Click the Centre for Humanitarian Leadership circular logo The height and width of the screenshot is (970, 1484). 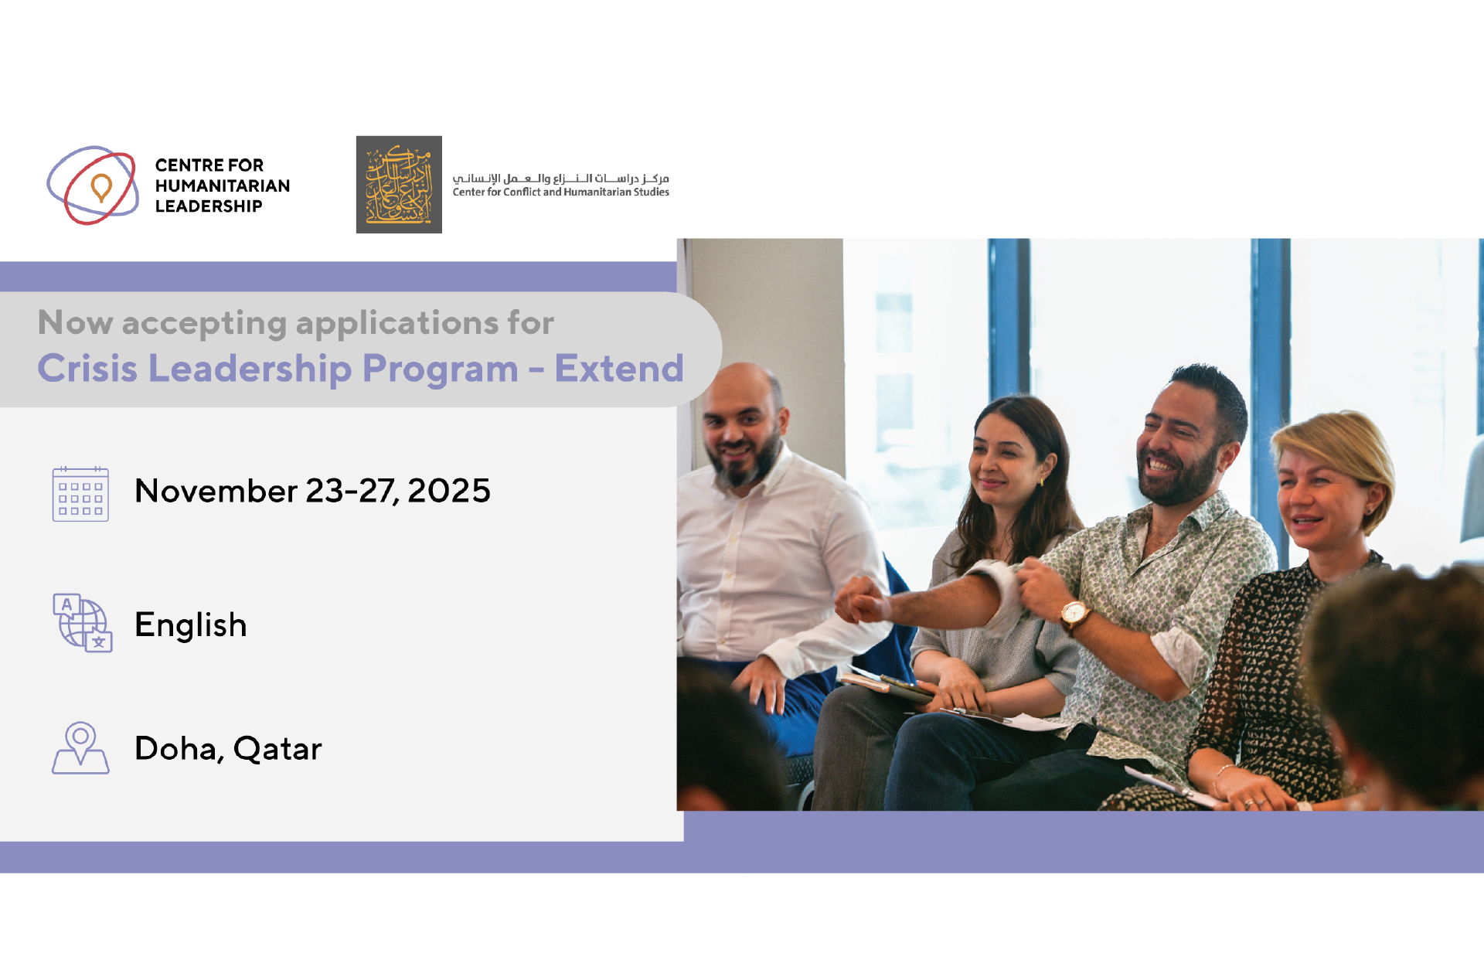coord(93,185)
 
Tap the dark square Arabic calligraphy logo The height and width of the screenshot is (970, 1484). coord(399,185)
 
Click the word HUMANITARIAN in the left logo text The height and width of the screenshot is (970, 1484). coord(223,185)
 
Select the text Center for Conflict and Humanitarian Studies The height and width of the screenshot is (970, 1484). coord(561,192)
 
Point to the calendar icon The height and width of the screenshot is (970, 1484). coord(80,494)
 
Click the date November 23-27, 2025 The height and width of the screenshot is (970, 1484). coord(312,491)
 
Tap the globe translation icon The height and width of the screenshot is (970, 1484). coord(83,623)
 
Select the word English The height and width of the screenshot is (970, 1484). coord(191,625)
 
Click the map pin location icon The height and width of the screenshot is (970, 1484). coord(80,747)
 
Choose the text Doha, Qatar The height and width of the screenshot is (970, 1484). coord(228,748)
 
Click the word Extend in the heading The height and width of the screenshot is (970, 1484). coord(619,368)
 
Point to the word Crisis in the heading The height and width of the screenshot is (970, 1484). coord(87,368)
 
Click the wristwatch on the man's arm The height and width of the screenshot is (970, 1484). coord(1075,615)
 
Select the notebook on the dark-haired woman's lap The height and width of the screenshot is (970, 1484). coord(889,684)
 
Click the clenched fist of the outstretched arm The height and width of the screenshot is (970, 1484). coord(860,599)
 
